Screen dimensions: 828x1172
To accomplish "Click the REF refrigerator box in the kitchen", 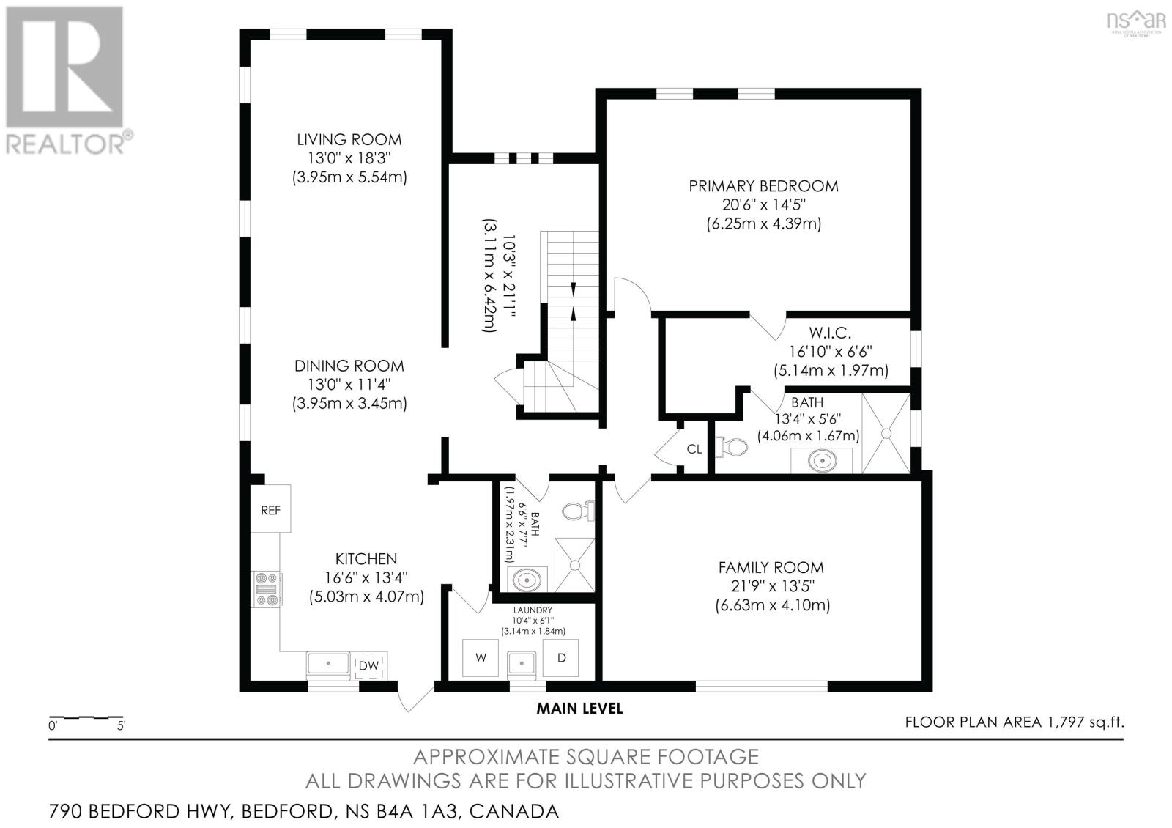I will [270, 509].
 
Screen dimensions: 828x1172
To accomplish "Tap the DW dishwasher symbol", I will [368, 665].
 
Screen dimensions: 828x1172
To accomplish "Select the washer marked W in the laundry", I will [481, 657].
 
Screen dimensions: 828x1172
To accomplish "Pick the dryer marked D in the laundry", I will [561, 657].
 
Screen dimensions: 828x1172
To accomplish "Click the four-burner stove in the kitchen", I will [266, 589].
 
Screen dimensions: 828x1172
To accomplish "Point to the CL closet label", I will [694, 449].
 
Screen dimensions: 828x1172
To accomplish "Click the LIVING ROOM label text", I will [349, 139].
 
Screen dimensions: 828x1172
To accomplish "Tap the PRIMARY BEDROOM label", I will [763, 186].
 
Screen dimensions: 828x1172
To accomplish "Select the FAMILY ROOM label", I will [771, 567].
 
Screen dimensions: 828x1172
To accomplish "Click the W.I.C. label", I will [830, 333].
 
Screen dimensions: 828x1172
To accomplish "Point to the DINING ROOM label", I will [349, 366].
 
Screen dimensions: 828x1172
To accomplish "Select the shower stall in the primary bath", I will [886, 433].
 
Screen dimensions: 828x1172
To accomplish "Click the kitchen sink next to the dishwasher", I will [328, 664].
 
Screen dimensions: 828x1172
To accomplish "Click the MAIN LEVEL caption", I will [579, 709].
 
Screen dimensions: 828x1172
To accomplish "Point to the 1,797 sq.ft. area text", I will [1014, 722].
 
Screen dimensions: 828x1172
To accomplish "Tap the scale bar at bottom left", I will [86, 717].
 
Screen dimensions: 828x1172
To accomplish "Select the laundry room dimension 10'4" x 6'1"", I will [533, 621].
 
